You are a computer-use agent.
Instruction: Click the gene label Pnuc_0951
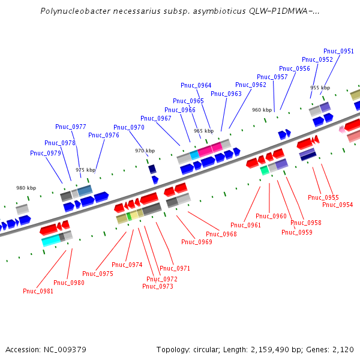click(338, 52)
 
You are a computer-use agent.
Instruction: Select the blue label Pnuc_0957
click(272, 77)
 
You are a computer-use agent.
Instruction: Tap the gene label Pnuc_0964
click(196, 85)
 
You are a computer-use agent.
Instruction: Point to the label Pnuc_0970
click(129, 127)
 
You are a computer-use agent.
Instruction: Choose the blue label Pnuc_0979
click(46, 153)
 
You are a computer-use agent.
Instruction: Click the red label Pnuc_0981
click(38, 291)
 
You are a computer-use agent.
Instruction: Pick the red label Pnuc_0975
click(98, 274)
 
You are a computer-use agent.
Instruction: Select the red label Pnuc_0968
click(221, 234)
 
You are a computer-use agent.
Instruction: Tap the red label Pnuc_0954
click(338, 205)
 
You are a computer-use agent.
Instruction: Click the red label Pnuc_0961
click(246, 225)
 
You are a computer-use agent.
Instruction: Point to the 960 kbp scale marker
click(262, 110)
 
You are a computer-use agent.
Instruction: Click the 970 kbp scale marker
click(145, 151)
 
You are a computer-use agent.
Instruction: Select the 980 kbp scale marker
click(26, 188)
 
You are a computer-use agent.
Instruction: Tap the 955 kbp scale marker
click(320, 88)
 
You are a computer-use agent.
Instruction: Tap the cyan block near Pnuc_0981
click(50, 241)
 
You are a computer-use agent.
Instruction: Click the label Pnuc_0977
click(71, 127)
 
